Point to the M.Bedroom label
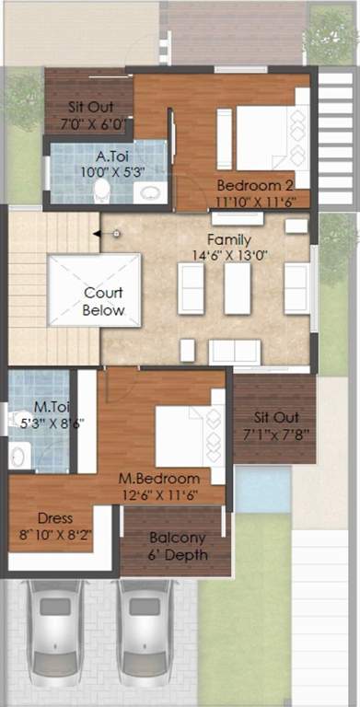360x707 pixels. tap(158, 479)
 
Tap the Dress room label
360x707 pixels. tap(55, 518)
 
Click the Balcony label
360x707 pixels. tap(176, 539)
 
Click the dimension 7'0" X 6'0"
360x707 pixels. tap(92, 122)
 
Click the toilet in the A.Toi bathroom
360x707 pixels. tap(102, 191)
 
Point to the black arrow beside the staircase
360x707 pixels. tap(97, 234)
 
